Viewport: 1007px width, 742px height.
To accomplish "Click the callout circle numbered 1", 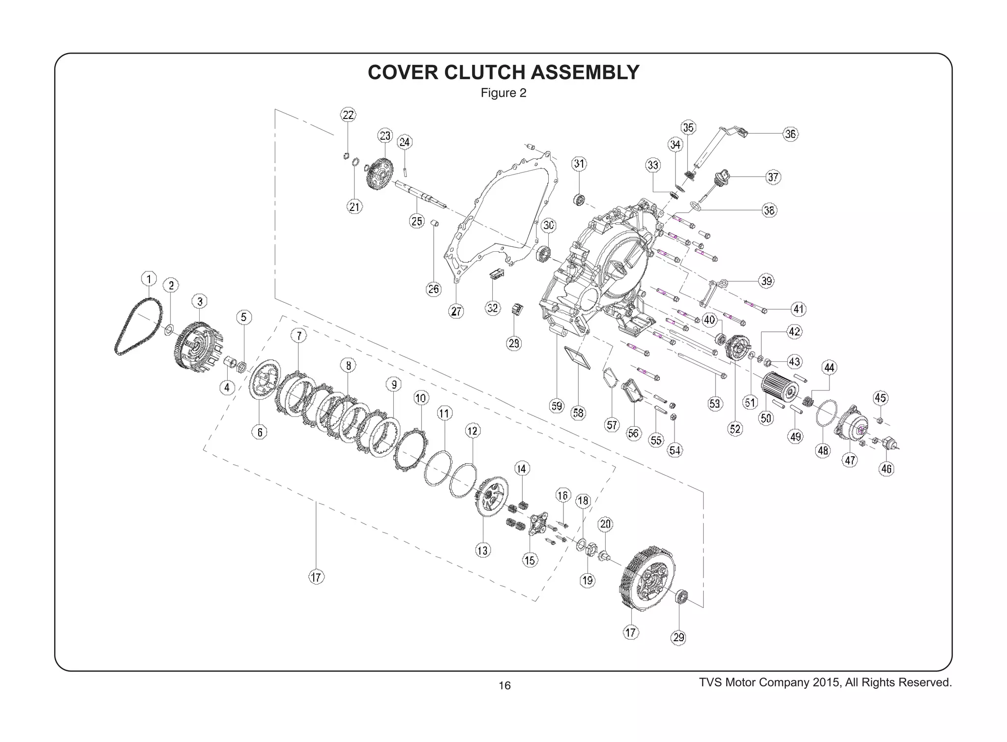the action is (149, 279).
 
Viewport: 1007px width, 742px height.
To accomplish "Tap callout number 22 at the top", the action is (348, 115).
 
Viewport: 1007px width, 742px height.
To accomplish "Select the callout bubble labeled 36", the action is (790, 134).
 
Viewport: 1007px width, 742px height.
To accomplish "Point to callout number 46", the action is (887, 469).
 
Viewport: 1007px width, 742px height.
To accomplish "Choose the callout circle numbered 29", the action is (679, 638).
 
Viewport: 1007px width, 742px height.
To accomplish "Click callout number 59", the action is (557, 406).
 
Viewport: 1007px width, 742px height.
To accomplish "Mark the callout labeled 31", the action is (579, 164).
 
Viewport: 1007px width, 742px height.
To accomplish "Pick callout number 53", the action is (715, 404).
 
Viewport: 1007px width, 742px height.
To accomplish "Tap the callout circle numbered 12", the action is (473, 431).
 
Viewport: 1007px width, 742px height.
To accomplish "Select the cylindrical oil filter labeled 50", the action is (779, 391).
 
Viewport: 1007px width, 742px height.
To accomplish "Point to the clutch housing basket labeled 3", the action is (199, 347).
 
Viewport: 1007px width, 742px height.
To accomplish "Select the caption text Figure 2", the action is (503, 93).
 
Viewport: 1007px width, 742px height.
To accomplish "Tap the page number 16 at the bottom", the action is (504, 685).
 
